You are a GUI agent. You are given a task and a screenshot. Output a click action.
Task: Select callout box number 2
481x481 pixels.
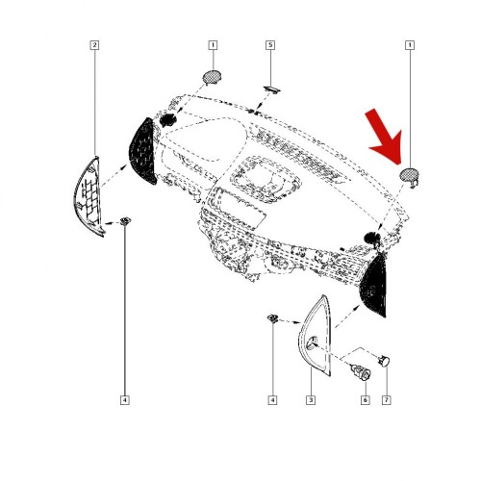coord(94,45)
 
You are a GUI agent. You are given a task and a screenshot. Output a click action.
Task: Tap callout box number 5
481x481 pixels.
coord(270,45)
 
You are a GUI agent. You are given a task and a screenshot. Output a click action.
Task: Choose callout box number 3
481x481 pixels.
coord(311,400)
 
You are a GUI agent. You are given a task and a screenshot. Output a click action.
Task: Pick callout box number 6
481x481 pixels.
coord(365,400)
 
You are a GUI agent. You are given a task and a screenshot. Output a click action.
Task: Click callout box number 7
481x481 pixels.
coord(387,400)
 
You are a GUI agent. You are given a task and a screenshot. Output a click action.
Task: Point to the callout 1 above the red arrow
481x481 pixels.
coord(410,45)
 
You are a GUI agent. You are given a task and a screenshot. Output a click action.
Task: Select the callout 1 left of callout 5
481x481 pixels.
coord(213,45)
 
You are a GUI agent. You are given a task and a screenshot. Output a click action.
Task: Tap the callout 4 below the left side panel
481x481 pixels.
coord(125,400)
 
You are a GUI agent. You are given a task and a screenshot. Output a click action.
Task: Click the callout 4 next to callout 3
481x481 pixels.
coord(272,400)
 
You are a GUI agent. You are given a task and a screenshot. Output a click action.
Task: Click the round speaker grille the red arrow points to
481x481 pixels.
coord(409,174)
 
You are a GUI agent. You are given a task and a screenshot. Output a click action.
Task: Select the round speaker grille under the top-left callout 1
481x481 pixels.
coord(212,77)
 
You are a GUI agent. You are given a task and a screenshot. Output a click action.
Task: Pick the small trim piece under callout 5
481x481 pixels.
coord(272,89)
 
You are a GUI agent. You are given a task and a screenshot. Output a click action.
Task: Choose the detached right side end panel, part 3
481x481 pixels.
coord(316,337)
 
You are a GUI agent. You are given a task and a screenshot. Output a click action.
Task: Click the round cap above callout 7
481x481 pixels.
coord(384,361)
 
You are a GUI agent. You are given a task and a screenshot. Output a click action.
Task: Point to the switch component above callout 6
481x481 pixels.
coord(362,372)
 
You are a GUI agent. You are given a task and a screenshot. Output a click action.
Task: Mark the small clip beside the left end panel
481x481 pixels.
coord(125,221)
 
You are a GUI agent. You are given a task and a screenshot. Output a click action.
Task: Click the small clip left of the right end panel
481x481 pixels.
coord(272,318)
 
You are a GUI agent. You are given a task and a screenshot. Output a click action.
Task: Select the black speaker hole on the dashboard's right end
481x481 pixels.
coord(372,238)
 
